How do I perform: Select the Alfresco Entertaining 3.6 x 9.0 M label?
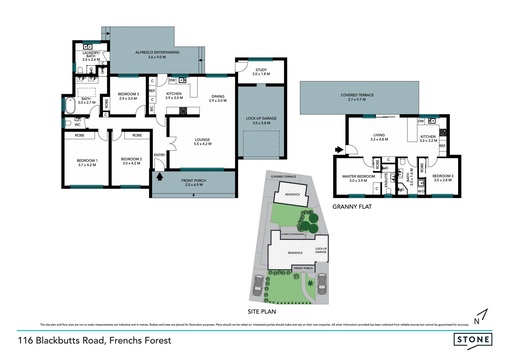tap(157, 55)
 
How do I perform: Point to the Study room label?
tap(261, 72)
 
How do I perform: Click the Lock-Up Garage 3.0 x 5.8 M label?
tap(261, 121)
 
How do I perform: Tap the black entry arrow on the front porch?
tap(159, 176)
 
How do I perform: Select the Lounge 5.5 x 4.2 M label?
tap(203, 142)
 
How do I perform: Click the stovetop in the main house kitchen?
tap(183, 111)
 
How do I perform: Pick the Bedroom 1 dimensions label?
tap(87, 165)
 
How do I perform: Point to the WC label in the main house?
tap(77, 125)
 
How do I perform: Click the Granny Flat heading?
tap(352, 207)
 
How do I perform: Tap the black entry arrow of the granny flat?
tap(339, 150)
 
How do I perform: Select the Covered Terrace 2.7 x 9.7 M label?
tap(357, 97)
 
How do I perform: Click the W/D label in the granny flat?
tap(421, 191)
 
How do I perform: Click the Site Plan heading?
tap(262, 312)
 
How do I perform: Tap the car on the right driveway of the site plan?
tap(322, 284)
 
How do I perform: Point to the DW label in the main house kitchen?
tap(172, 80)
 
